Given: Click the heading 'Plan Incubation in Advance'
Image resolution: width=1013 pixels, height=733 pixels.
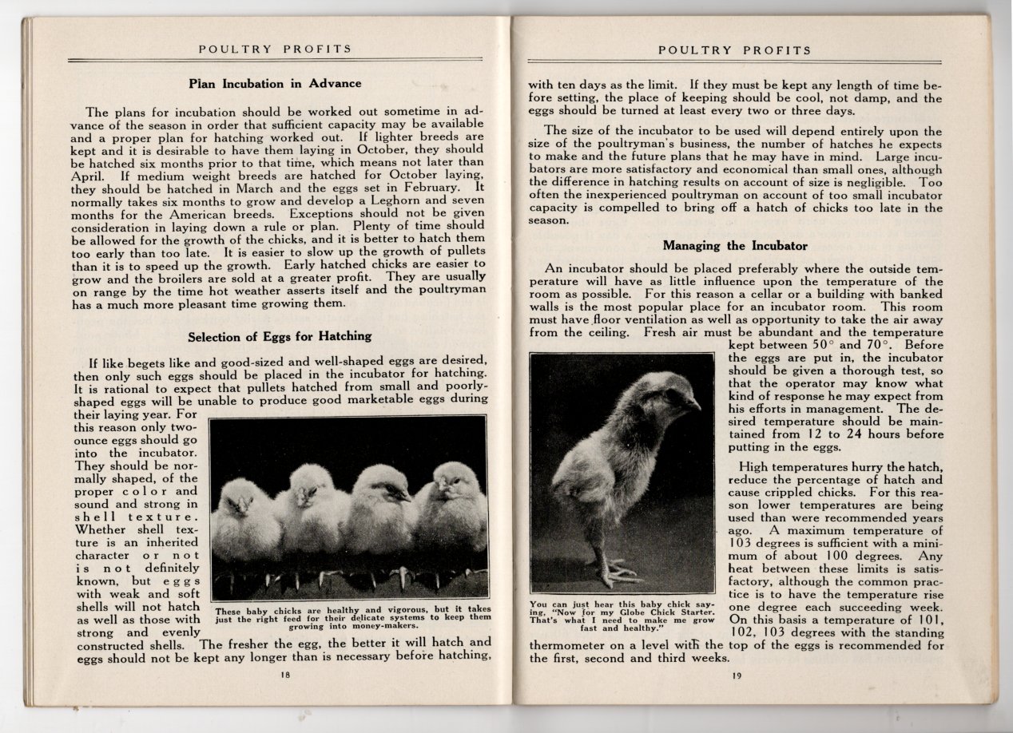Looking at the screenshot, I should pyautogui.click(x=275, y=83).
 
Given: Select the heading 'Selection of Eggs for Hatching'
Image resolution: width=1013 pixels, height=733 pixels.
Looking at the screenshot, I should pyautogui.click(x=279, y=336).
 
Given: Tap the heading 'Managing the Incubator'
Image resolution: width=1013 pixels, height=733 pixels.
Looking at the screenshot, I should pyautogui.click(x=735, y=245).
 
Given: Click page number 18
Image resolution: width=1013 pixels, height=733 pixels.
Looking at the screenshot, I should pyautogui.click(x=285, y=675).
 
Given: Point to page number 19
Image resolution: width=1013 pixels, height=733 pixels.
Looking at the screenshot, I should pyautogui.click(x=736, y=676).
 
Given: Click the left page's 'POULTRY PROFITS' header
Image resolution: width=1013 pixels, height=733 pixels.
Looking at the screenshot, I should pyautogui.click(x=275, y=50).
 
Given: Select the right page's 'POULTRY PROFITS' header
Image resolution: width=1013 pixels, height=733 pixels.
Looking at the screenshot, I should pyautogui.click(x=735, y=50).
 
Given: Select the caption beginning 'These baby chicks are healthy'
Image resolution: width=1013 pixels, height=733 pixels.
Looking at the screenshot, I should pyautogui.click(x=353, y=618).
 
